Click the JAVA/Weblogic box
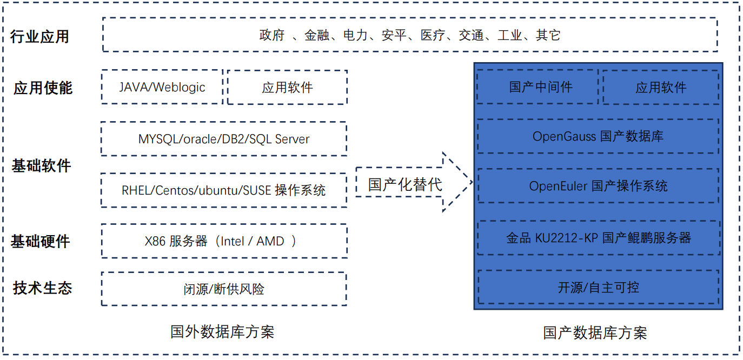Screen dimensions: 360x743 pos(162,87)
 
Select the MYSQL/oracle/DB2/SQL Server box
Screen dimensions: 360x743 pos(224,139)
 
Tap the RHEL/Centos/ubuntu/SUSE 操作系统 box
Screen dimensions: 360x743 pos(224,190)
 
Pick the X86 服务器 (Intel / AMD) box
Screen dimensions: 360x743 pos(224,241)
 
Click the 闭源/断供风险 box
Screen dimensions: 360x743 pos(224,289)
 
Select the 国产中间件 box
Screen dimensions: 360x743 pos(538,87)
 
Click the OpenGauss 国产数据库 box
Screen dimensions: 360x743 pos(598,136)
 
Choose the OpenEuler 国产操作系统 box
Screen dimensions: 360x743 pos(598,186)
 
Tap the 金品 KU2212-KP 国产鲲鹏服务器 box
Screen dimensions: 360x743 pos(598,238)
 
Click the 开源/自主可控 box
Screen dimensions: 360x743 pos(598,287)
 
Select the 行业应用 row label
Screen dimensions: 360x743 pos(40,37)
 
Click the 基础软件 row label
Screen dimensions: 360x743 pos(42,165)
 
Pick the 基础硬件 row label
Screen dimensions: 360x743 pos(41,241)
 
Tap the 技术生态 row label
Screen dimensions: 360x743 pos(43,288)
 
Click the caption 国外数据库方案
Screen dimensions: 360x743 pos(222,331)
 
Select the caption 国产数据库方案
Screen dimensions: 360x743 pos(595,332)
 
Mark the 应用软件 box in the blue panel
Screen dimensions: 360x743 pos(661,88)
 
